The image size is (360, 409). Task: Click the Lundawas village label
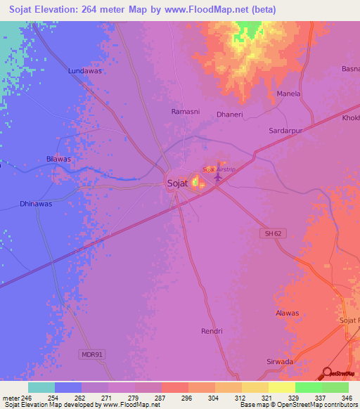pos(84,71)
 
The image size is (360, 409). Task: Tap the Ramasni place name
pos(186,112)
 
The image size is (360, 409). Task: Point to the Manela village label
pos(288,93)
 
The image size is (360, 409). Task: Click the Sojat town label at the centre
pos(176,184)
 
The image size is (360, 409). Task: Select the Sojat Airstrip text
pos(217,169)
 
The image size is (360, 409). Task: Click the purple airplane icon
pos(217,177)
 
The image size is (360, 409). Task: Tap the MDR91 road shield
pos(91,355)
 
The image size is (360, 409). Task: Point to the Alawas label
pos(287,313)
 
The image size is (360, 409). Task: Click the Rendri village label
pos(212,331)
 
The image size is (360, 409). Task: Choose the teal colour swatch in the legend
pos(41,387)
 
